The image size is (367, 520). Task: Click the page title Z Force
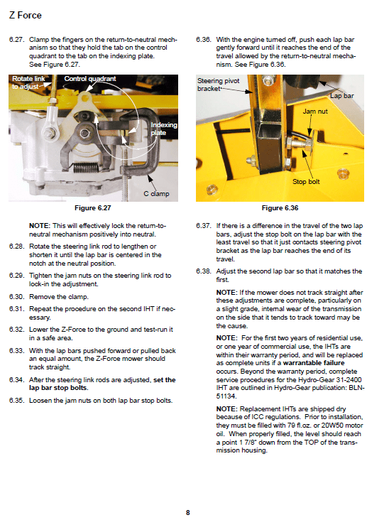tap(25, 15)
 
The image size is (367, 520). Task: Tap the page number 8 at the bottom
tap(188, 512)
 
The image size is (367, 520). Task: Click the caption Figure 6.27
tap(93, 208)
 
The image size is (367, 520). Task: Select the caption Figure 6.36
tap(280, 208)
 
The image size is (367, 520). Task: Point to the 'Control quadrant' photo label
tap(90, 79)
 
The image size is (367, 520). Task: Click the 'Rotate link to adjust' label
tap(28, 82)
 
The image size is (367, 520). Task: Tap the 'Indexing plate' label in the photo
tap(164, 129)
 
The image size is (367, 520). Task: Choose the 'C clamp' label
tap(156, 194)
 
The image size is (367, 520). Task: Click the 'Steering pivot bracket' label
tap(218, 85)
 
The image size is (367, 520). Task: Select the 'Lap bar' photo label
tap(342, 96)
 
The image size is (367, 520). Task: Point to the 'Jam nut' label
tap(315, 112)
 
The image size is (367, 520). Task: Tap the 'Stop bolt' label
tap(306, 181)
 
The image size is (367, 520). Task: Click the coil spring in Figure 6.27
tap(86, 168)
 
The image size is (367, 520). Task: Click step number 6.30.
tap(16, 297)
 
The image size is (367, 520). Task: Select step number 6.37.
tap(204, 226)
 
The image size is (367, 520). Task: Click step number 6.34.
tap(16, 380)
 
